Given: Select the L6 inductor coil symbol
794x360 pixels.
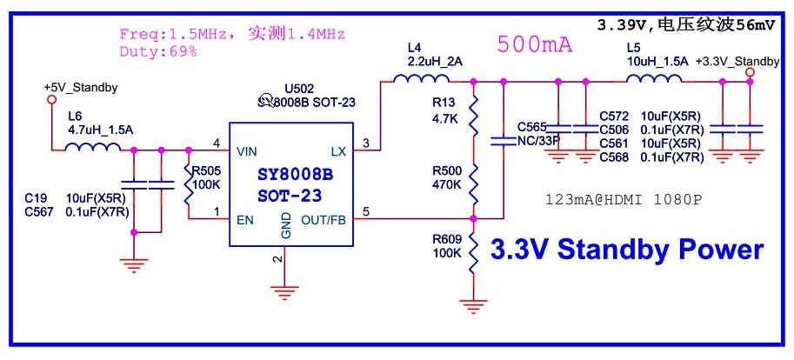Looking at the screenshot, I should pos(92,147).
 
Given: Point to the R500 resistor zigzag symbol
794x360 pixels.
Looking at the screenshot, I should pos(473,184).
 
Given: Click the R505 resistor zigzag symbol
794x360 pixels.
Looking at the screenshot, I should pos(187,184).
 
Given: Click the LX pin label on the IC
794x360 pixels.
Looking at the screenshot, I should pos(338,151).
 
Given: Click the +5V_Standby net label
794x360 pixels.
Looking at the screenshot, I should pos(81,89).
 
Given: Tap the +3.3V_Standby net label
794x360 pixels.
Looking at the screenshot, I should pos(738,62).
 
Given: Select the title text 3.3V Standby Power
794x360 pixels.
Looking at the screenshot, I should pos(626,250).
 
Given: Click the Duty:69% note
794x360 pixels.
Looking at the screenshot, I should pos(157,52).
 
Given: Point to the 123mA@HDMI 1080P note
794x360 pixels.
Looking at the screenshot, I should pos(623,200).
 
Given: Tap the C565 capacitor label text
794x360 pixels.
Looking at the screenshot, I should pos(532,126).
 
